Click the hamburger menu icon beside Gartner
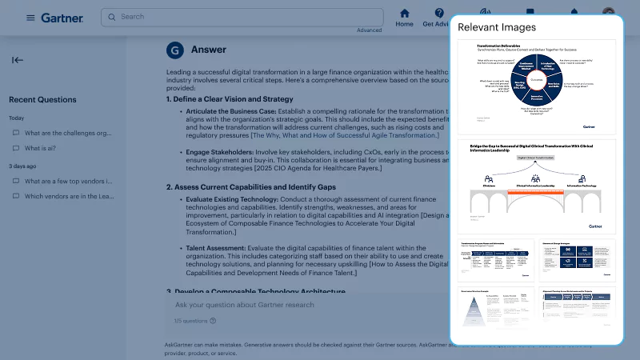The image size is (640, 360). [x=30, y=18]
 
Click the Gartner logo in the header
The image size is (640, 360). [x=62, y=18]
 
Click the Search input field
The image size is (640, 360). [x=240, y=17]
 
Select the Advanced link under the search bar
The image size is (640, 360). [x=369, y=30]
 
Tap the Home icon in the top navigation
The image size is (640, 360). [x=405, y=14]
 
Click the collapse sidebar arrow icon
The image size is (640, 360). [x=18, y=60]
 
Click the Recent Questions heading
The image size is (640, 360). [x=42, y=100]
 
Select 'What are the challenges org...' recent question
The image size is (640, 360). [x=68, y=133]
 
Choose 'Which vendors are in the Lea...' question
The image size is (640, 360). [x=68, y=196]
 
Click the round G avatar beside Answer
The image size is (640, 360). [x=174, y=50]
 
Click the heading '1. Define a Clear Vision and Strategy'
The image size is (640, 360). [x=230, y=99]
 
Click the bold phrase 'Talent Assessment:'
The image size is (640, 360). [x=218, y=248]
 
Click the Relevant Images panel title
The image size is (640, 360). [x=497, y=27]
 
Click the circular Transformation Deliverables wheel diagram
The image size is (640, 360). [x=535, y=82]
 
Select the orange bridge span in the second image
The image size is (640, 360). [x=536, y=193]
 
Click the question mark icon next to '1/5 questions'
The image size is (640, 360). [x=213, y=321]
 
